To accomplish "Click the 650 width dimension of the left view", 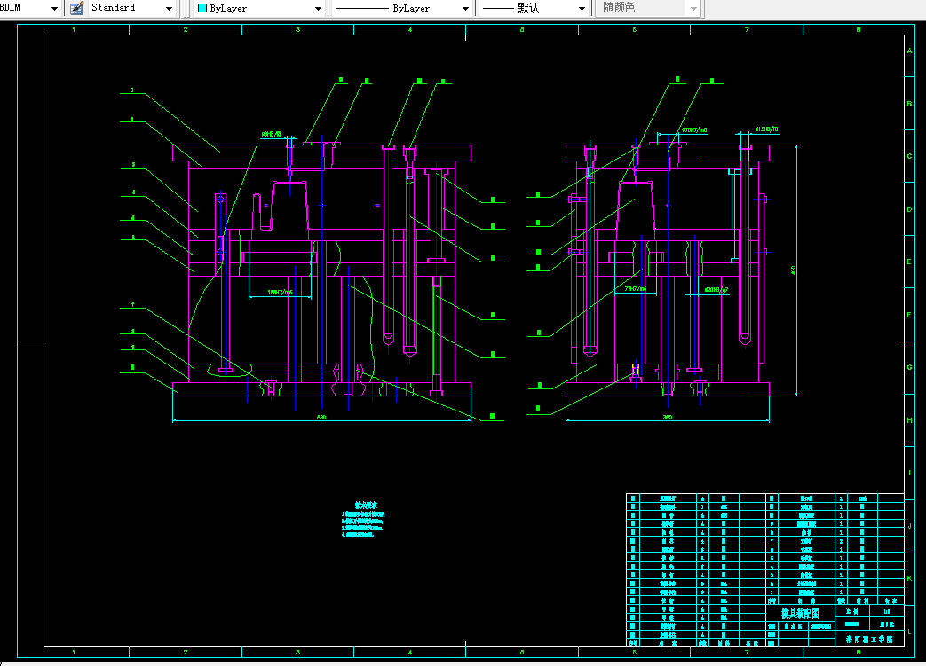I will (x=321, y=417).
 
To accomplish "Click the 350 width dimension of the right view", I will (x=667, y=417).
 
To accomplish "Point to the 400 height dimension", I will (x=793, y=270).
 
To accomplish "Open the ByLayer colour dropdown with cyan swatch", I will (x=258, y=8).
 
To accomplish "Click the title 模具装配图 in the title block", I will (x=800, y=613).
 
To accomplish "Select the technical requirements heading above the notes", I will (x=366, y=505).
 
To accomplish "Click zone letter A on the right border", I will (x=909, y=51).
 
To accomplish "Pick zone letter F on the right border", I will (x=909, y=315).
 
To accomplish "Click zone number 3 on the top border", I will (x=297, y=30).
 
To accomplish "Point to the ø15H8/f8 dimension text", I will (x=765, y=129).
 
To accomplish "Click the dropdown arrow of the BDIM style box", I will (x=55, y=8).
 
